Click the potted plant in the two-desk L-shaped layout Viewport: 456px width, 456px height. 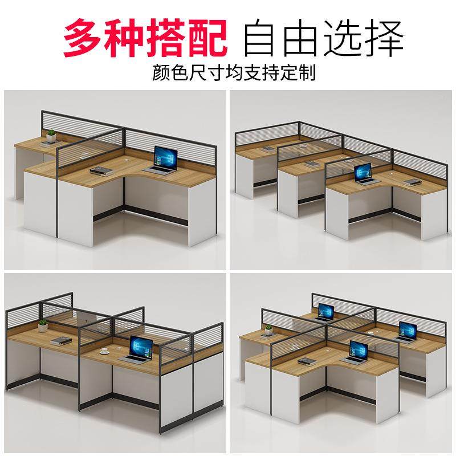pos(51,136)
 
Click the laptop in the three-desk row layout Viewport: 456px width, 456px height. pos(363,173)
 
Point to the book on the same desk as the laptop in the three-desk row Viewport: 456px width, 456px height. pos(412,182)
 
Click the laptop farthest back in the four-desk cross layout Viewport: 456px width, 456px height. pos(325,312)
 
